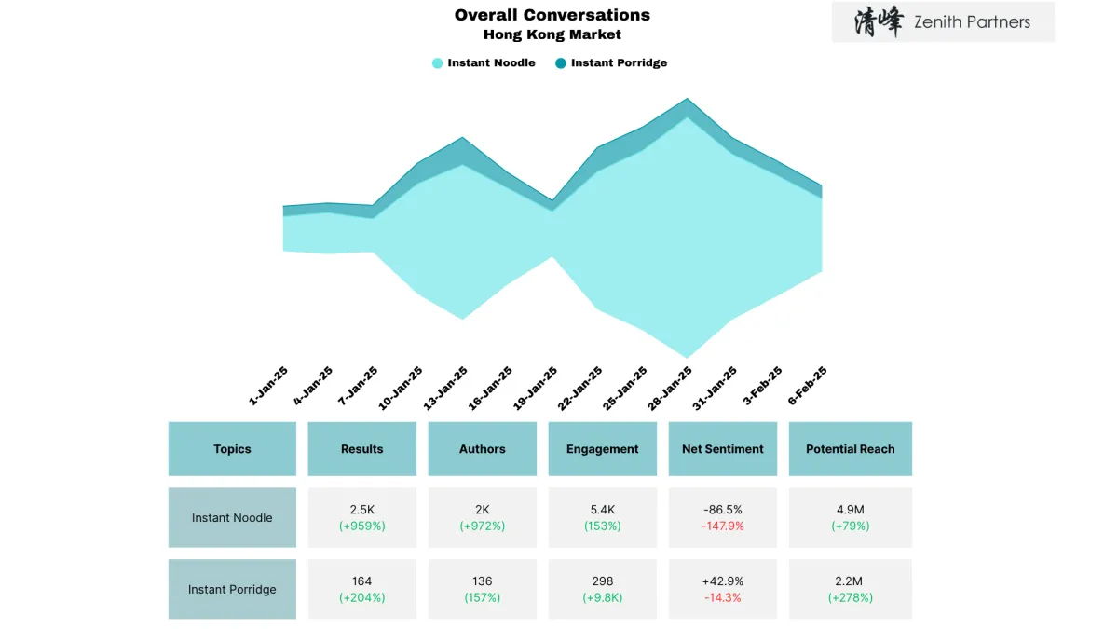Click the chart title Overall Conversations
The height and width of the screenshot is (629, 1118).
pos(552,15)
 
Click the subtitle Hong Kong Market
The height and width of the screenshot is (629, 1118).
pos(552,34)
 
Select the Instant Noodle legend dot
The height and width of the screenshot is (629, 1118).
pos(437,63)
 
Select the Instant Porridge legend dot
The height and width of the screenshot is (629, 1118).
pos(560,63)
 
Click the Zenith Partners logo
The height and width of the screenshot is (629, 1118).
pos(943,22)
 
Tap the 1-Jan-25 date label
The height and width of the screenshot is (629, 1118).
pos(268,386)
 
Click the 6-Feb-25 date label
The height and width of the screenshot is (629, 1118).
pos(807,386)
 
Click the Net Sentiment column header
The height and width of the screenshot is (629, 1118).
pos(722,449)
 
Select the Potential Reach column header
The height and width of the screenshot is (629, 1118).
pos(850,449)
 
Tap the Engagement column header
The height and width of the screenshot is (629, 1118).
pos(602,449)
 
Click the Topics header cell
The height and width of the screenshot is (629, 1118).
pos(232,449)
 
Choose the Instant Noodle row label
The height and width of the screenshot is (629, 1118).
pos(232,518)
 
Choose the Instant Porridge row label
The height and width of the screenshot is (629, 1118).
pos(232,589)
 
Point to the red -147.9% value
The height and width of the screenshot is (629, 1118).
pos(722,526)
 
